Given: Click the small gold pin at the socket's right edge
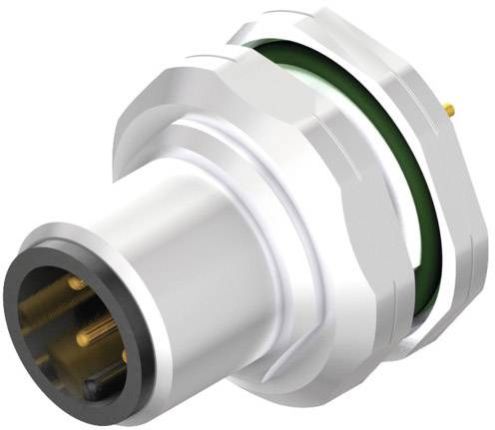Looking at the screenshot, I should point(124,354).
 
